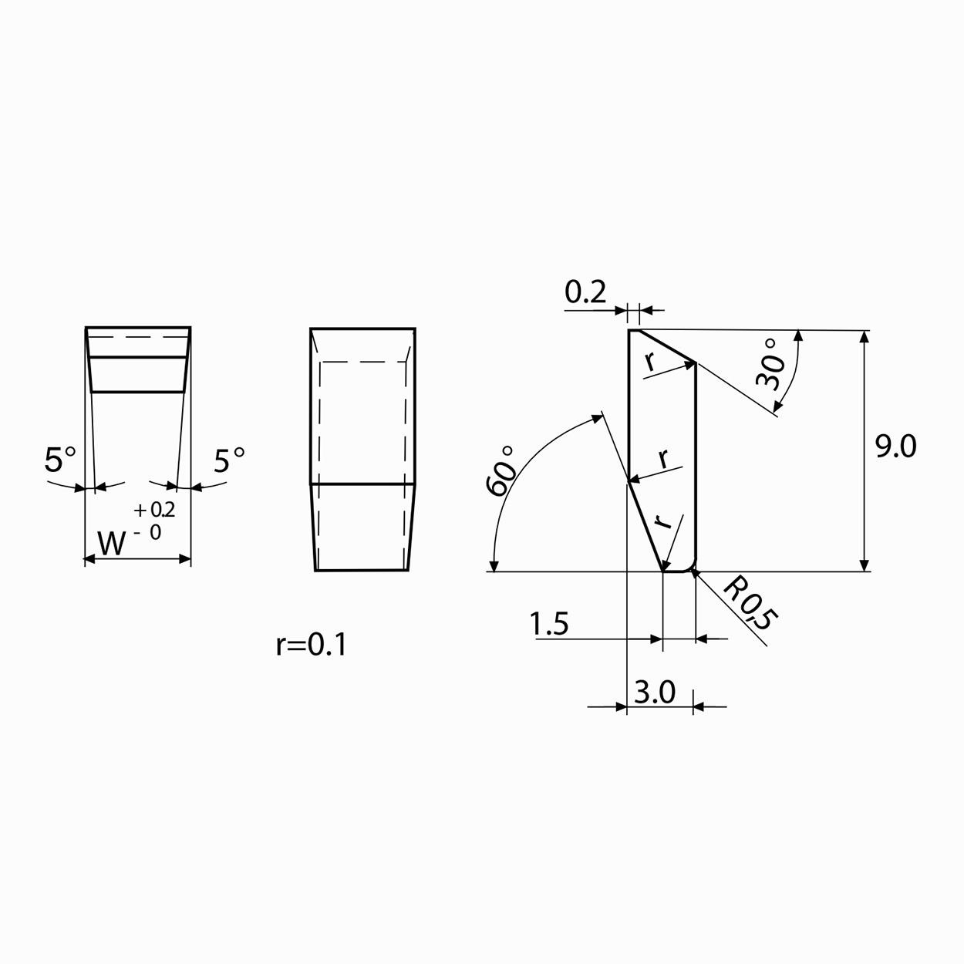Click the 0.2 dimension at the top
(585, 292)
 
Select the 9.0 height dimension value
(895, 447)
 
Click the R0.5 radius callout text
(751, 602)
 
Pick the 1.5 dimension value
(549, 624)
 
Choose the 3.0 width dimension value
(655, 693)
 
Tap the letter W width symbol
(111, 543)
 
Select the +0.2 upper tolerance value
(154, 510)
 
